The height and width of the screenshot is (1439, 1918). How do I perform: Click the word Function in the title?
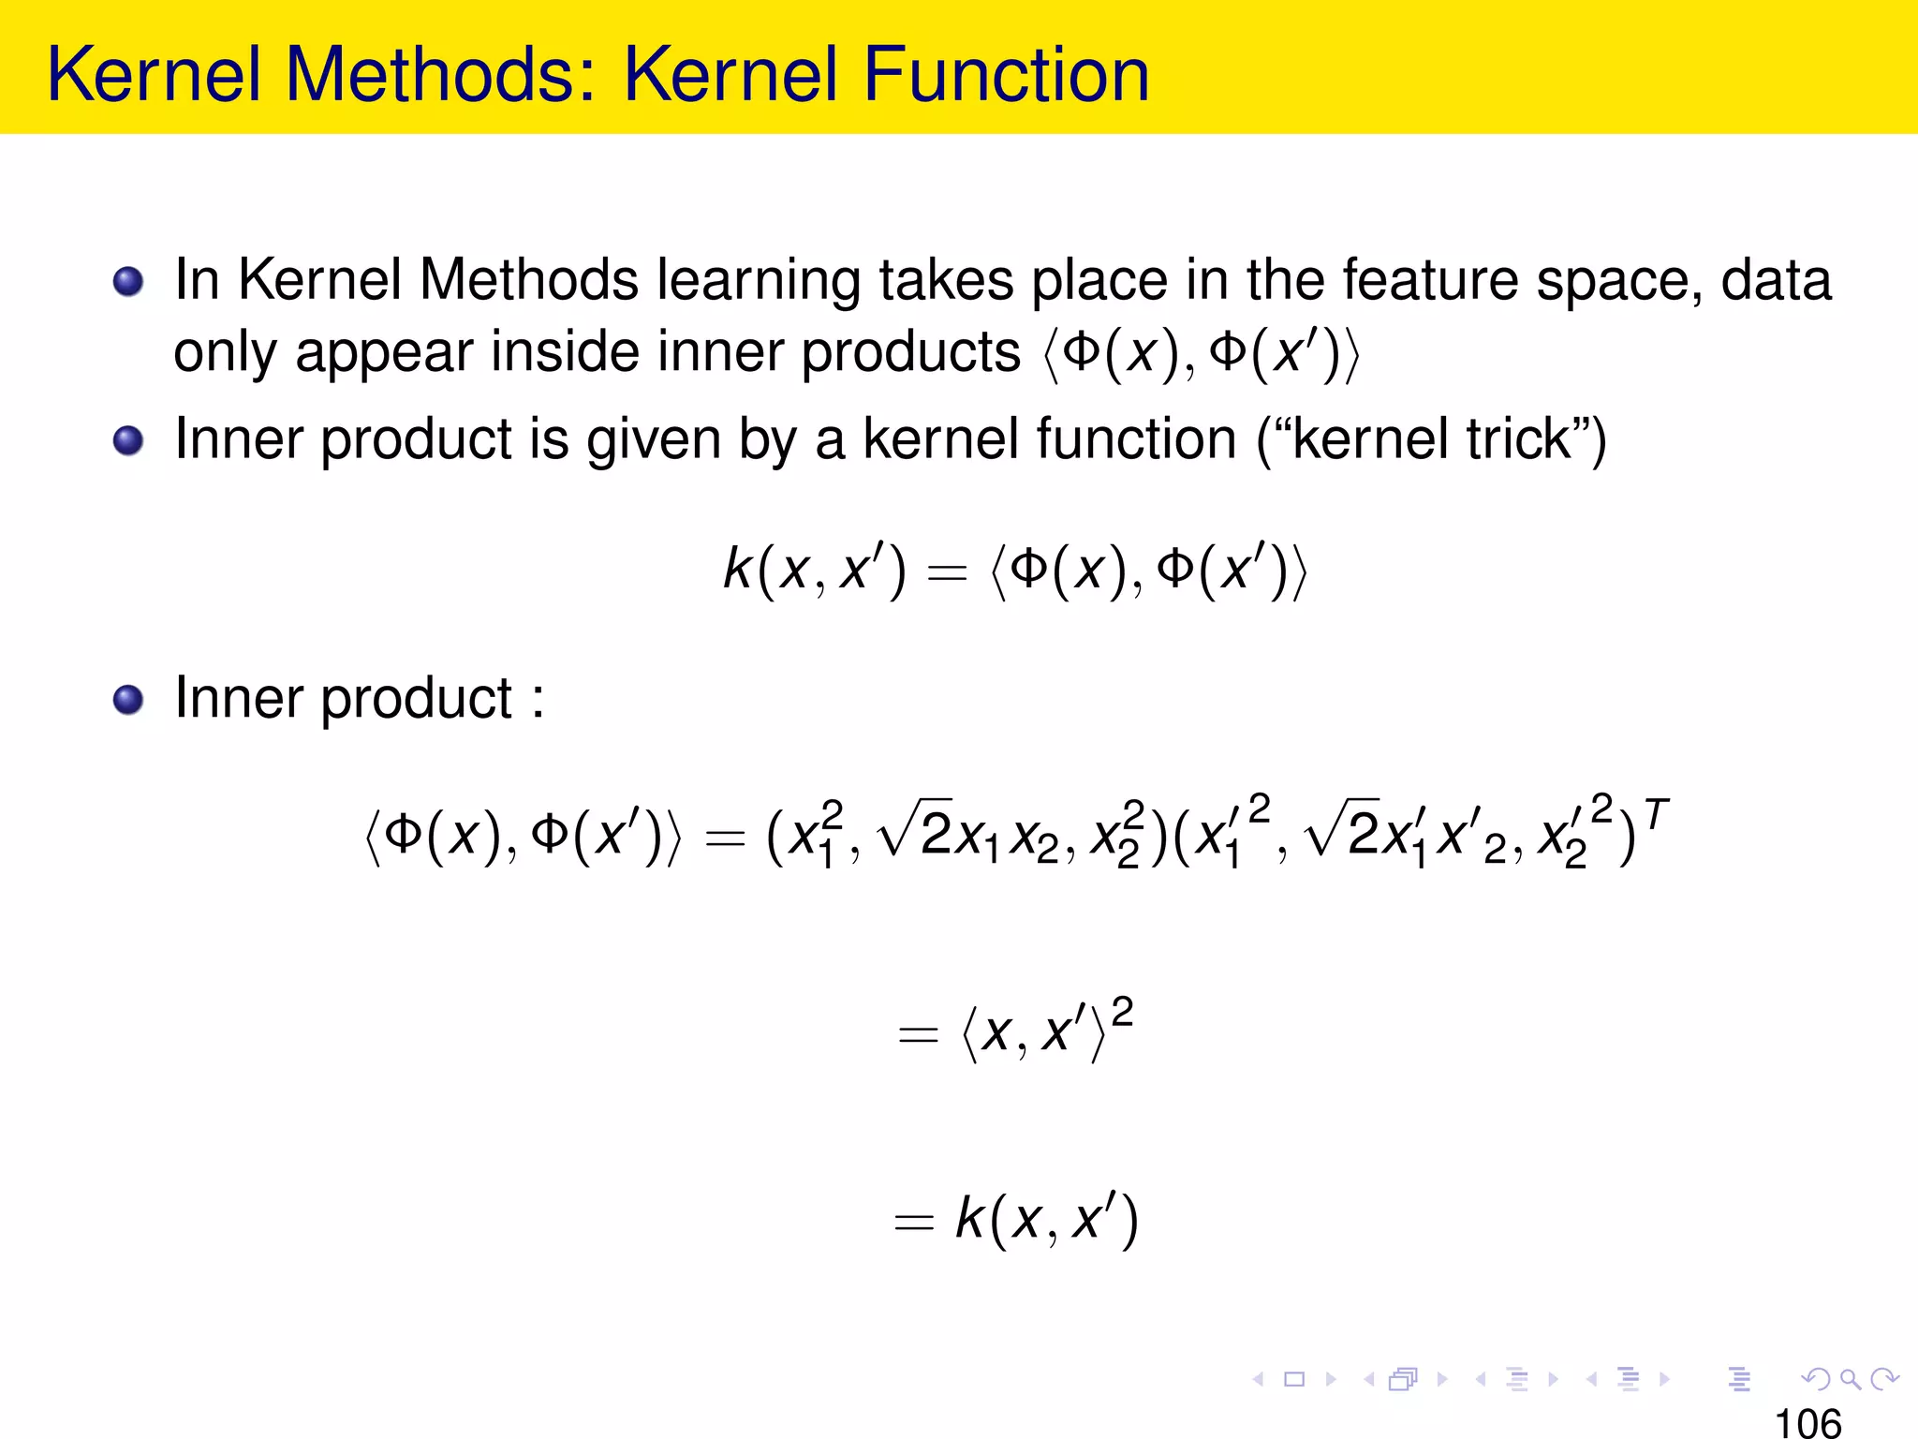1006,74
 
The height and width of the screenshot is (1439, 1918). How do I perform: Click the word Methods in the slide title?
441,74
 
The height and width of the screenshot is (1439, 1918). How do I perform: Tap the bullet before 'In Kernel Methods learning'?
128,281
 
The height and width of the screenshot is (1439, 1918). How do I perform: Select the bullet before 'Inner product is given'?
128,440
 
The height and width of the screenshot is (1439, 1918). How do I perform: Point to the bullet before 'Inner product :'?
128,699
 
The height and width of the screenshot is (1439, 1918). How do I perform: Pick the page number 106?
1807,1422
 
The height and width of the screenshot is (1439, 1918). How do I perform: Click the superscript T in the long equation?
1656,815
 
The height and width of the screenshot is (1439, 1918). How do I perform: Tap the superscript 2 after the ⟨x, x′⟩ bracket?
1122,1012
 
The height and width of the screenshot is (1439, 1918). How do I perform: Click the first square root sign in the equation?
898,830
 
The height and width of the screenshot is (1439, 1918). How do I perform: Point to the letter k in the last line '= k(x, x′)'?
970,1218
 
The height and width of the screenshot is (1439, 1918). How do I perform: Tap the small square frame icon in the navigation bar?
1294,1378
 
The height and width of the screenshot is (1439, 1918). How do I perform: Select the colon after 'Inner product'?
538,701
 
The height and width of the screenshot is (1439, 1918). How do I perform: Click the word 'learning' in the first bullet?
758,281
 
